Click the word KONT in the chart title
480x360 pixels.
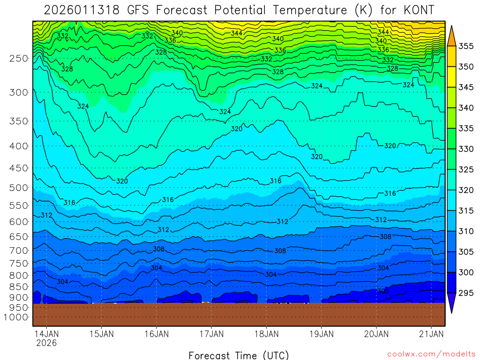[x=417, y=10]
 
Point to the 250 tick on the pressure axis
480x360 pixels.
[x=19, y=58]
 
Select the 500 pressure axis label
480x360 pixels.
[x=19, y=188]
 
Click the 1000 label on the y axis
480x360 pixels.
[x=17, y=317]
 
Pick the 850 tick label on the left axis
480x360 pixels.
[x=19, y=286]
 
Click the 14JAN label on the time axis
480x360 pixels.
[x=46, y=334]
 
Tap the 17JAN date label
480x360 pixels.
[x=211, y=334]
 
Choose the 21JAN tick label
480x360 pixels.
[x=431, y=334]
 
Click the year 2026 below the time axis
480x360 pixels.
[x=46, y=343]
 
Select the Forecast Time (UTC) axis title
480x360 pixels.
[x=239, y=355]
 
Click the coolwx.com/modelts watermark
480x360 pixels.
[x=431, y=354]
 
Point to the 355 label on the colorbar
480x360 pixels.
[x=465, y=46]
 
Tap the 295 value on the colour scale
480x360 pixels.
[x=465, y=293]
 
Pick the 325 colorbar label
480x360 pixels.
[x=465, y=170]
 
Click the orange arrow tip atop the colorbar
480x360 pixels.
[x=451, y=33]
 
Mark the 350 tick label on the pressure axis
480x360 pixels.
[x=19, y=121]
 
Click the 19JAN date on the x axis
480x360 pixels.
[x=321, y=334]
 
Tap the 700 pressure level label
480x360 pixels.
[x=19, y=250]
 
